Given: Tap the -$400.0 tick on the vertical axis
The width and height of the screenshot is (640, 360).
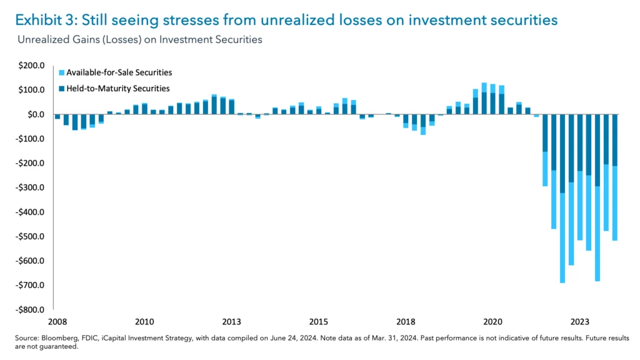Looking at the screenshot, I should pyautogui.click(x=31, y=212).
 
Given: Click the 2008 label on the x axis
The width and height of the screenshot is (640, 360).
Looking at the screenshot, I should pyautogui.click(x=57, y=322).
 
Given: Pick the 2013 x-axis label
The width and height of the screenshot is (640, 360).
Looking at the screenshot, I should pyautogui.click(x=231, y=322).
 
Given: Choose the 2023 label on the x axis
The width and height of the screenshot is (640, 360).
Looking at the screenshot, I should pyautogui.click(x=580, y=322).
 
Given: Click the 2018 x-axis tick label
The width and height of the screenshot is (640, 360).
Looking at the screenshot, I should pyautogui.click(x=406, y=322).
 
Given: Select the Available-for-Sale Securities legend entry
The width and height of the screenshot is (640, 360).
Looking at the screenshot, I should pyautogui.click(x=119, y=73).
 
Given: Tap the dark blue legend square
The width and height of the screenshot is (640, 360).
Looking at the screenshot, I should pyautogui.click(x=61, y=89).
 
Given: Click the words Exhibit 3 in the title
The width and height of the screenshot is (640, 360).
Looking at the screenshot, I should pyautogui.click(x=42, y=20).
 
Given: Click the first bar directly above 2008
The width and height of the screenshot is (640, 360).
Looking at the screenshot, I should pyautogui.click(x=57, y=117).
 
